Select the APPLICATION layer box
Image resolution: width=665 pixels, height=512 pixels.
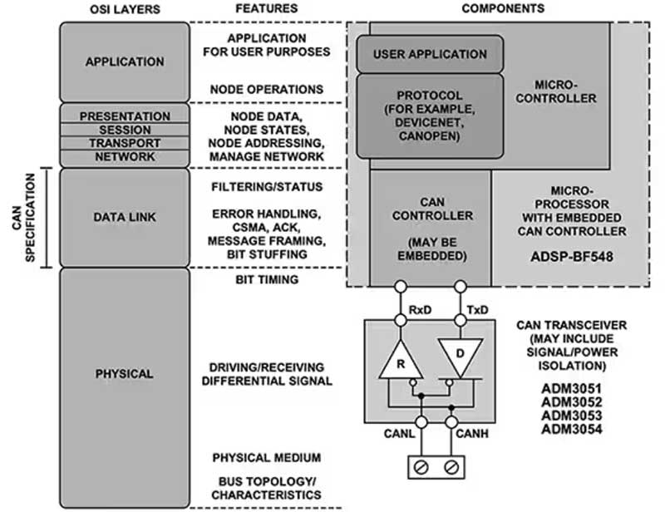(x=125, y=62)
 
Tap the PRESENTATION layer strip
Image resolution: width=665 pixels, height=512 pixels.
(x=125, y=116)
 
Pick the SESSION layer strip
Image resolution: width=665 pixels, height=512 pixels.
(x=125, y=130)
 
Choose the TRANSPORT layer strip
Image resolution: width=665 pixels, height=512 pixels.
(x=125, y=143)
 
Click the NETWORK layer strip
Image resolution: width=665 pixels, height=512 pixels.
(x=125, y=156)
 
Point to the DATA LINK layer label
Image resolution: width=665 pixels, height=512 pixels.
(x=125, y=217)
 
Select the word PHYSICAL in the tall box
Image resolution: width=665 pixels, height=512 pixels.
(x=125, y=374)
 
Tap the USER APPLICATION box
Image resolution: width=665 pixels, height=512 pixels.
(x=430, y=54)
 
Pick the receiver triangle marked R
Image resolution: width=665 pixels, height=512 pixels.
(x=398, y=363)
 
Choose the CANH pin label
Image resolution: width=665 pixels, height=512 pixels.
(x=471, y=433)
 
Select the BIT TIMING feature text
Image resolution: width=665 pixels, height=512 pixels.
(x=267, y=280)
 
